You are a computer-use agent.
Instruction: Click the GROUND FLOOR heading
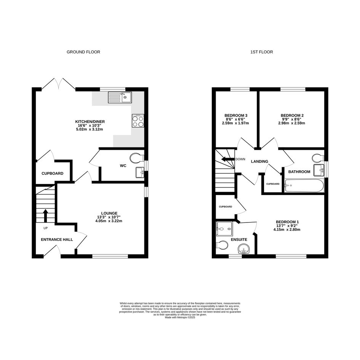(x=83, y=52)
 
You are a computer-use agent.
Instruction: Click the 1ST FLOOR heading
(x=261, y=52)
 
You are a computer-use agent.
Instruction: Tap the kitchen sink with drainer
(x=120, y=98)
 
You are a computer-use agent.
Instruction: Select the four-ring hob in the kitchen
(x=138, y=121)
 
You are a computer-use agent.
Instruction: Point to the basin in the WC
(x=140, y=173)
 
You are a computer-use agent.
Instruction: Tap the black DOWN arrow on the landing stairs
(x=228, y=159)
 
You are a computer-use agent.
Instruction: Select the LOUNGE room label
(x=109, y=213)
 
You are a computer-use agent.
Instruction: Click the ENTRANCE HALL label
(x=57, y=240)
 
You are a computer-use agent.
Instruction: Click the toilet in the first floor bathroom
(x=318, y=158)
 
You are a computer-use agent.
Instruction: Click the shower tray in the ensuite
(x=224, y=229)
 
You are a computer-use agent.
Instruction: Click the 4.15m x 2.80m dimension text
(x=287, y=229)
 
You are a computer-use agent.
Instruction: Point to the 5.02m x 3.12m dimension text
(x=90, y=129)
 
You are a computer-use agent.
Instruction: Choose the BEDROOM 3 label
(x=236, y=115)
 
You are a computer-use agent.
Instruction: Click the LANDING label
(x=259, y=162)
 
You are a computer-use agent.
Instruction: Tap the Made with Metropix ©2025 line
(x=180, y=318)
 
